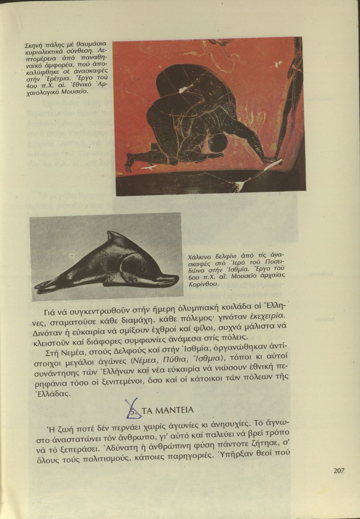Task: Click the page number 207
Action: pos(339,470)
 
